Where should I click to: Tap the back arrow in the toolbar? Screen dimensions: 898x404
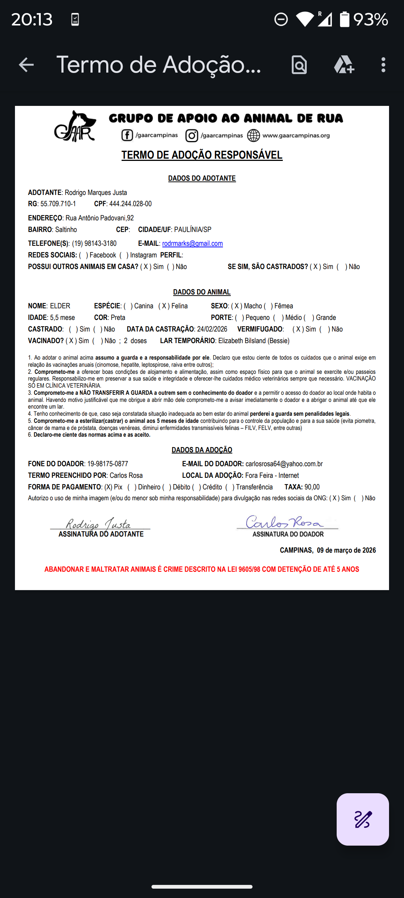tap(26, 65)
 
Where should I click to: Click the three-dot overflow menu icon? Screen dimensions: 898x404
tap(383, 65)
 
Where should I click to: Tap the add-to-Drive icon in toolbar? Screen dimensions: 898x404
tap(344, 65)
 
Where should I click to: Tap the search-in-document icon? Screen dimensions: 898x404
tap(299, 65)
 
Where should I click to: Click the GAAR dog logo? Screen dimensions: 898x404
tap(75, 127)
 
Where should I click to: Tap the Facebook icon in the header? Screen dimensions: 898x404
tap(127, 135)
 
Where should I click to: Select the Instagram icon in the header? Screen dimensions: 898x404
tap(192, 135)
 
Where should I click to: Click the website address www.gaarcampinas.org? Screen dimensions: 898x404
tap(296, 135)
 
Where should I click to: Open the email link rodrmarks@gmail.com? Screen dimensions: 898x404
tap(192, 244)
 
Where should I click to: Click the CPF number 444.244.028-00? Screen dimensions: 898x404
tap(131, 204)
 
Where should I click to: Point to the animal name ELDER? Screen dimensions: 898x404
tap(60, 306)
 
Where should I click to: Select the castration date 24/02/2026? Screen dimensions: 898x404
tap(212, 329)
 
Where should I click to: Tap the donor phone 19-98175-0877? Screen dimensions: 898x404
tap(108, 464)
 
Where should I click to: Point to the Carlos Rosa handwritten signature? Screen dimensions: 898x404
tap(284, 522)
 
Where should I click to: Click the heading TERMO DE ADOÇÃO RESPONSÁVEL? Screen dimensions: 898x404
tap(202, 155)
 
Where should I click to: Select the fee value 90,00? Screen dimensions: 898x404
tap(312, 487)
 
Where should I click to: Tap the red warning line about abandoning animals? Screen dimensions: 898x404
tap(202, 569)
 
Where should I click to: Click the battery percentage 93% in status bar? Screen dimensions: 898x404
tap(370, 19)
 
